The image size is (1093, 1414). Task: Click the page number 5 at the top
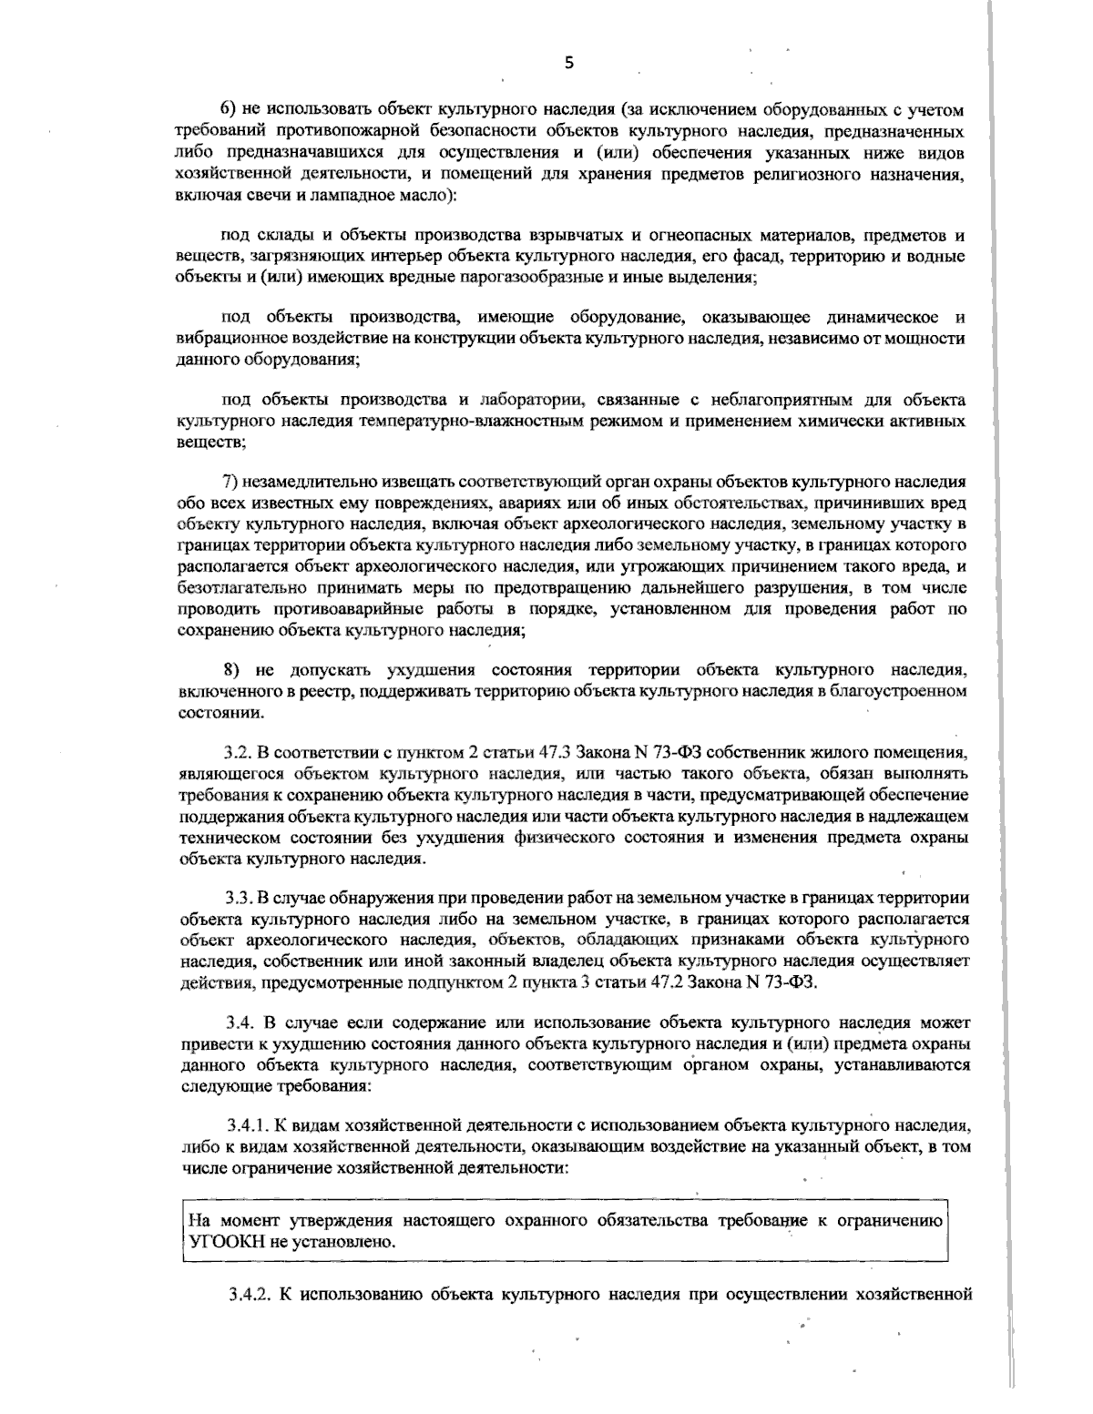[569, 63]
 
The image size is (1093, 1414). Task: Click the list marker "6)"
[231, 110]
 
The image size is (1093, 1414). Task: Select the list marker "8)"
[233, 670]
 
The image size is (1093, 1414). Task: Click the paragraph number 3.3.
[239, 896]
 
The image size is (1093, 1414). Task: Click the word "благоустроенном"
[895, 693]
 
